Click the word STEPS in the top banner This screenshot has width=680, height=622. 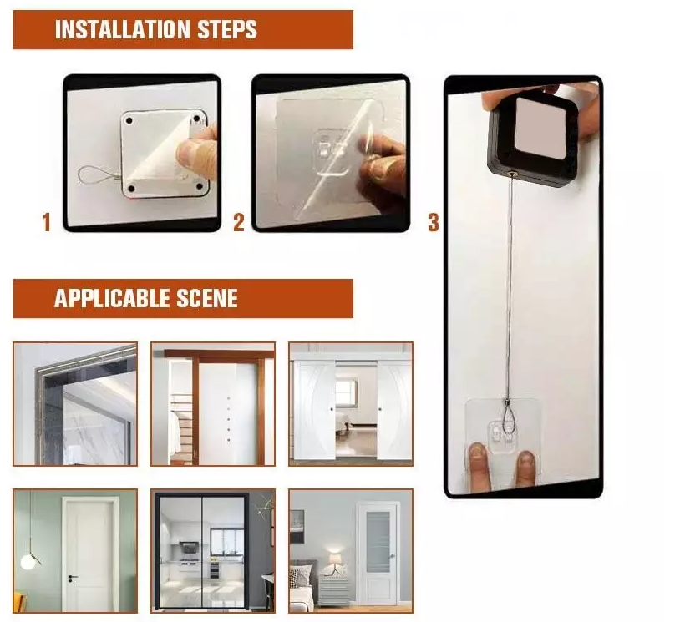click(225, 30)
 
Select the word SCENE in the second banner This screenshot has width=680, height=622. click(207, 298)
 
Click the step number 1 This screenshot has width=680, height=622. click(46, 223)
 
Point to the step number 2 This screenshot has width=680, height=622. click(239, 223)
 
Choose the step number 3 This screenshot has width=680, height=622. click(433, 223)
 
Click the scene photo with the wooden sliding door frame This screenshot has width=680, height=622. click(213, 403)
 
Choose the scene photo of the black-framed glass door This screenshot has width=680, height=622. click(213, 550)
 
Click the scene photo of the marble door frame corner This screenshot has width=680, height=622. click(75, 403)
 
